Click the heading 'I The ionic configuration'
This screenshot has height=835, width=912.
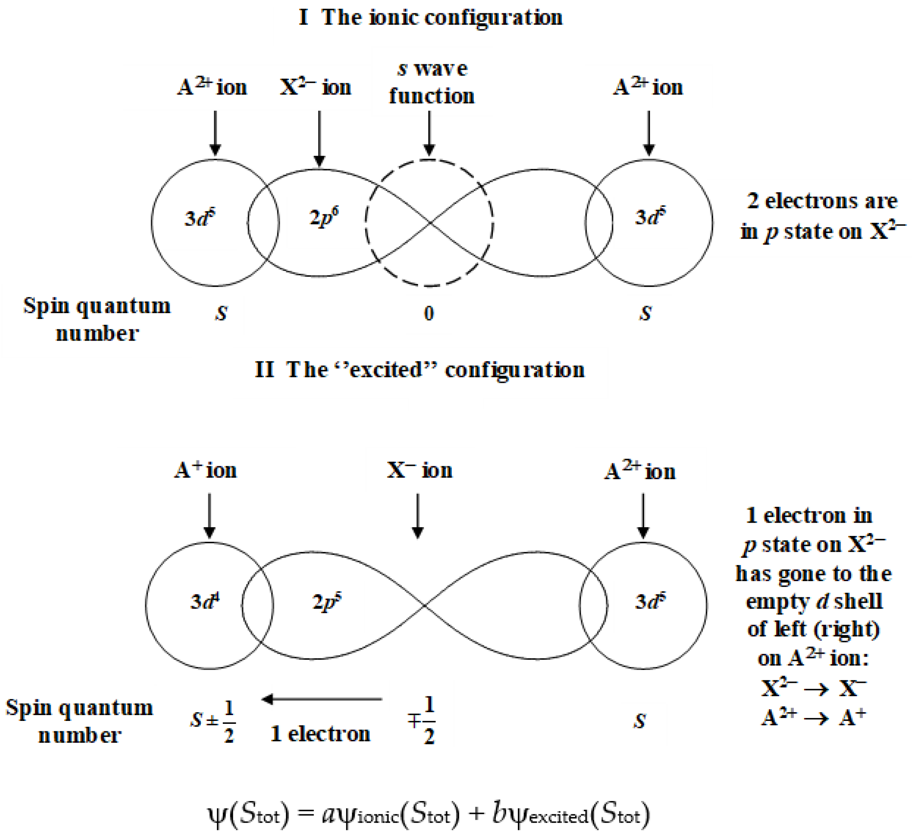[x=431, y=18]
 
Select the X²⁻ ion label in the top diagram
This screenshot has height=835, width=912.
[x=315, y=87]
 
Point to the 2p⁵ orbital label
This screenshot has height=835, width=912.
[x=327, y=602]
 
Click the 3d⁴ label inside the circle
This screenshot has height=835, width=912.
[x=205, y=602]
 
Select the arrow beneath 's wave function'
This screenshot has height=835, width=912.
[x=429, y=134]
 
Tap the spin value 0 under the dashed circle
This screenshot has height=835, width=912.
[x=428, y=314]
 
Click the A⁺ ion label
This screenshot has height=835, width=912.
[x=205, y=471]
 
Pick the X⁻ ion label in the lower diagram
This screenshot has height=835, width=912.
[x=419, y=471]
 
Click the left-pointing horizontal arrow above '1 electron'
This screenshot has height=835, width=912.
[x=322, y=699]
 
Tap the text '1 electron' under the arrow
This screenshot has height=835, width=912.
[x=320, y=734]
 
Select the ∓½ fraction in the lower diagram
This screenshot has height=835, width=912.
[x=422, y=721]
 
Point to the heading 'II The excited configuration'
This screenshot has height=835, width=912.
[x=419, y=370]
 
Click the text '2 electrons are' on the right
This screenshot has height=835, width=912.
[x=822, y=201]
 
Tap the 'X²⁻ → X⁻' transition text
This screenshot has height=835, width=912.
[x=813, y=689]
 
